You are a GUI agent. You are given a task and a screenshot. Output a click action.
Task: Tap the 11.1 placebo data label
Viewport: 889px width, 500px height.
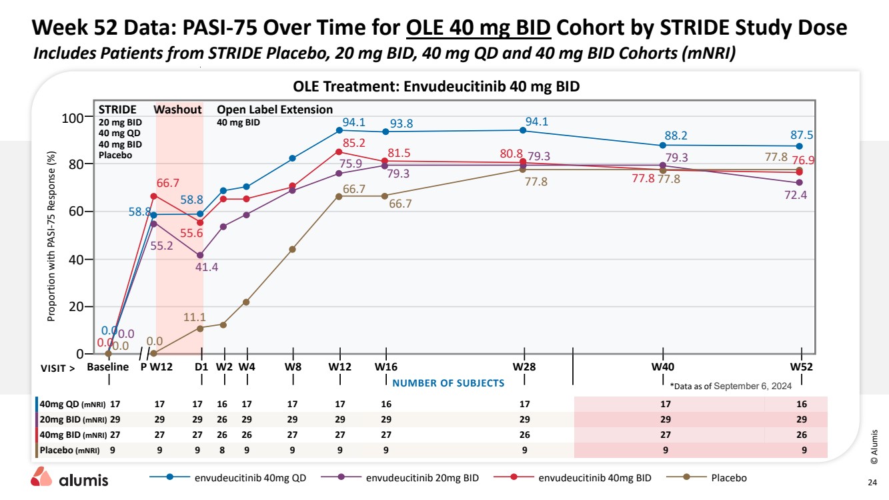click(194, 317)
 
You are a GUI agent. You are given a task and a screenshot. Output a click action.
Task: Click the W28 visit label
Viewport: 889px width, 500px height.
click(524, 366)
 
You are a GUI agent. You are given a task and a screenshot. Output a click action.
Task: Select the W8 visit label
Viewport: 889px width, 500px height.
click(293, 366)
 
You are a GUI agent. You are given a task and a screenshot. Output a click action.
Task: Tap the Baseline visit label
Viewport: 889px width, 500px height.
click(108, 366)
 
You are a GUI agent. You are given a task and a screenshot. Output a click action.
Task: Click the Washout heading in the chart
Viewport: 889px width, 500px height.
click(177, 110)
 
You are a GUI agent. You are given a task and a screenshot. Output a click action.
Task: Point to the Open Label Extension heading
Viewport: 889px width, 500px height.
click(275, 110)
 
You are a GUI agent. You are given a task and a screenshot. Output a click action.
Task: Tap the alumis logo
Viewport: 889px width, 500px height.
click(69, 479)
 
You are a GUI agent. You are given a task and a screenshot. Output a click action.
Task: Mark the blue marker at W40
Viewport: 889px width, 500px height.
click(663, 145)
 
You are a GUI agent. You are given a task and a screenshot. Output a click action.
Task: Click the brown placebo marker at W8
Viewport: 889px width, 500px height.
click(293, 249)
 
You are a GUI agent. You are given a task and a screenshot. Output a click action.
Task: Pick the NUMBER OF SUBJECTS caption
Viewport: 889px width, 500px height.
click(448, 383)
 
